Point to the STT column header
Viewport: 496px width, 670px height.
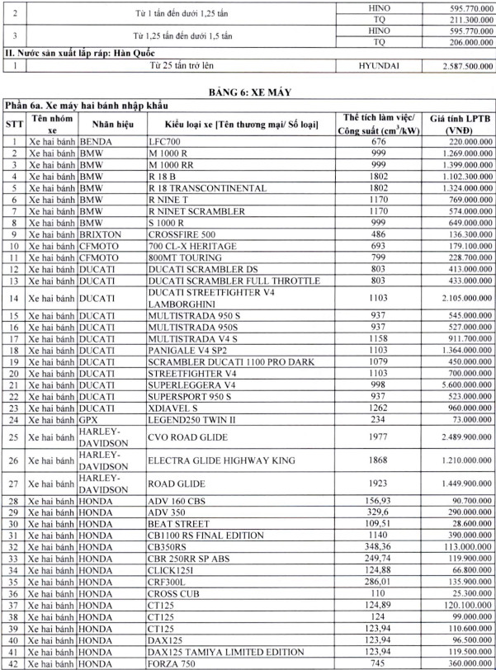pyautogui.click(x=13, y=125)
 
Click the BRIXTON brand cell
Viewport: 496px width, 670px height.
pyautogui.click(x=99, y=234)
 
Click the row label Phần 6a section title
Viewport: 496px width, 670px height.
pyautogui.click(x=93, y=105)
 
